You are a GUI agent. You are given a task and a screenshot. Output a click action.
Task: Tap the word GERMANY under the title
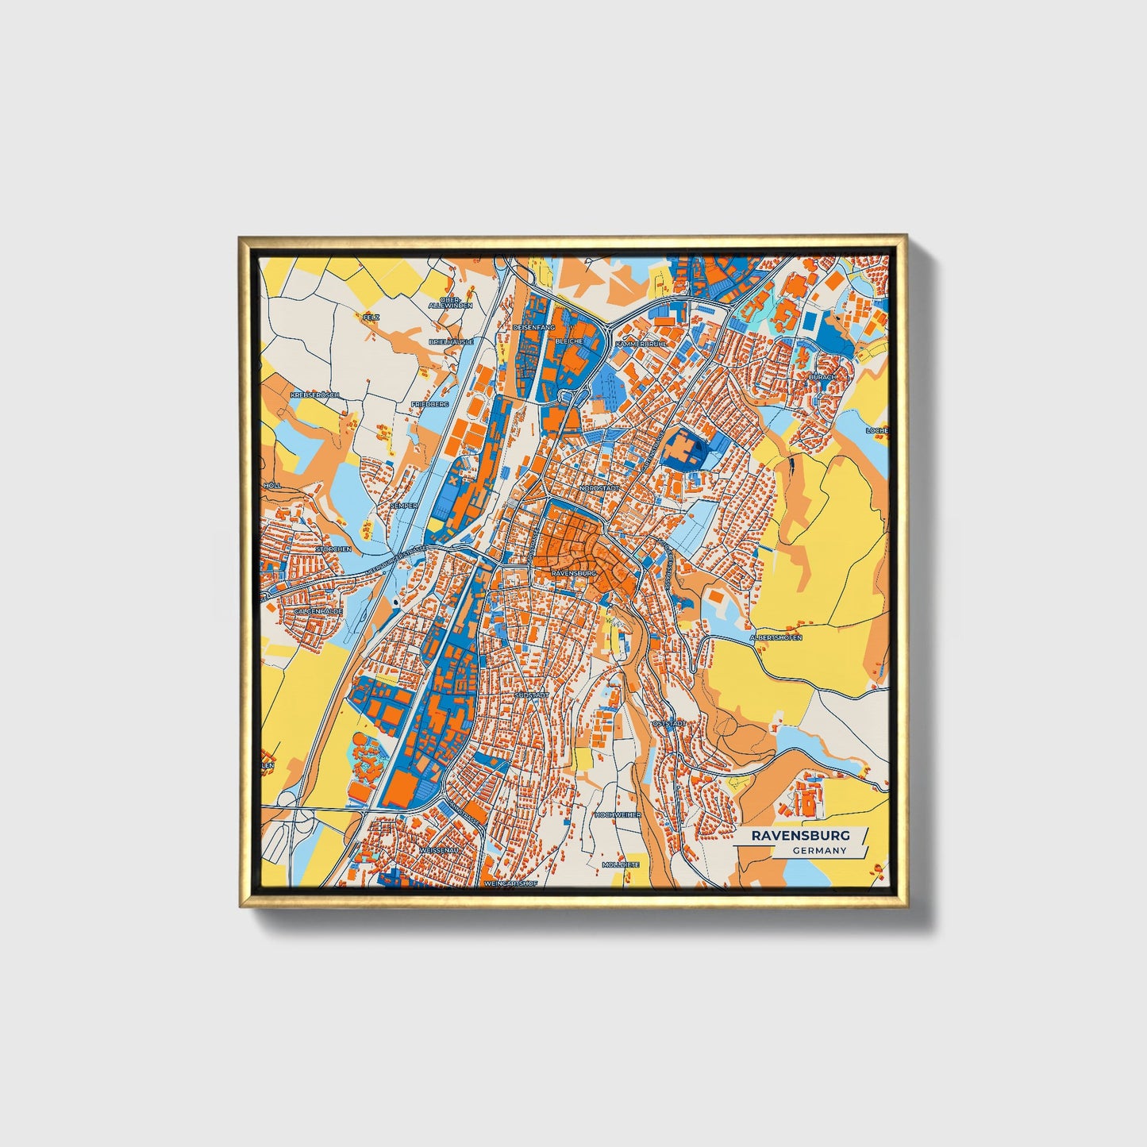(x=818, y=850)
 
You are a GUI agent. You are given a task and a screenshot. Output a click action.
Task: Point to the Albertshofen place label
(x=776, y=637)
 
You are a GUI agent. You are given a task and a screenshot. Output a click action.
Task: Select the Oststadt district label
(x=668, y=724)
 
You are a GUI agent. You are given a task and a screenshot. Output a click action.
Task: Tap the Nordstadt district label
(x=599, y=487)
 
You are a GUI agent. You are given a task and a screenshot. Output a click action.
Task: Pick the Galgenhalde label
(x=318, y=611)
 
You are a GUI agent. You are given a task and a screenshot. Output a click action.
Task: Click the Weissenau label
(x=434, y=849)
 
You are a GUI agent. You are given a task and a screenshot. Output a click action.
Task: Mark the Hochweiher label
(x=617, y=814)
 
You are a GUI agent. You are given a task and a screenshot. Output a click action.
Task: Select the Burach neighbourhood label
(x=822, y=376)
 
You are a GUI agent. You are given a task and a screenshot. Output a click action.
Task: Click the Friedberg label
(x=429, y=404)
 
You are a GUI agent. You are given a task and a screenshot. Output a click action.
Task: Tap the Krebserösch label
(x=315, y=395)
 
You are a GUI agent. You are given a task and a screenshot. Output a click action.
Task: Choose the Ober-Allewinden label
(x=450, y=302)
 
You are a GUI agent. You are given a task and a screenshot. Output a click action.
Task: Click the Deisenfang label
(x=533, y=327)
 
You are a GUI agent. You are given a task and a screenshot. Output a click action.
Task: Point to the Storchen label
(x=333, y=548)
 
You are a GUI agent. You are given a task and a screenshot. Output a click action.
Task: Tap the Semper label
(x=403, y=505)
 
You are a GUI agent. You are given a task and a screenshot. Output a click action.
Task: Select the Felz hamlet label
(x=370, y=317)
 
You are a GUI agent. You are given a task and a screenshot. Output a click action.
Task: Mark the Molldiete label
(x=621, y=864)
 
